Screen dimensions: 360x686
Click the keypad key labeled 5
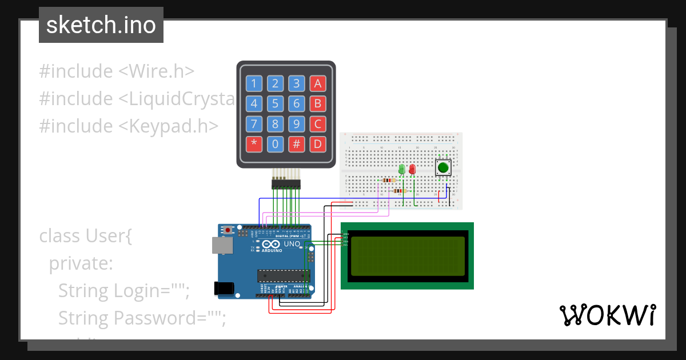click(276, 104)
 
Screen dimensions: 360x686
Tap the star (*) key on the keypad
click(254, 143)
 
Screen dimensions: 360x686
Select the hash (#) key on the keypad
click(297, 143)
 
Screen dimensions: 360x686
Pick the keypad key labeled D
click(318, 143)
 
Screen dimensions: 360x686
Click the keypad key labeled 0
click(276, 143)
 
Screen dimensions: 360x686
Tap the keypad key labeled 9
click(297, 123)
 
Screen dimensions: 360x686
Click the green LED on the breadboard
click(402, 169)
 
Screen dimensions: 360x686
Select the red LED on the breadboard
click(412, 169)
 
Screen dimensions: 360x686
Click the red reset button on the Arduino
click(229, 230)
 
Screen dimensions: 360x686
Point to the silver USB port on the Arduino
click(222, 245)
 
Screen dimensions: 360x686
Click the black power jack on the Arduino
click(224, 288)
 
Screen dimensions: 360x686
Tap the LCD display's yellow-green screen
click(407, 255)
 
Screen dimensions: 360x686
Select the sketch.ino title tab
click(101, 25)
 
